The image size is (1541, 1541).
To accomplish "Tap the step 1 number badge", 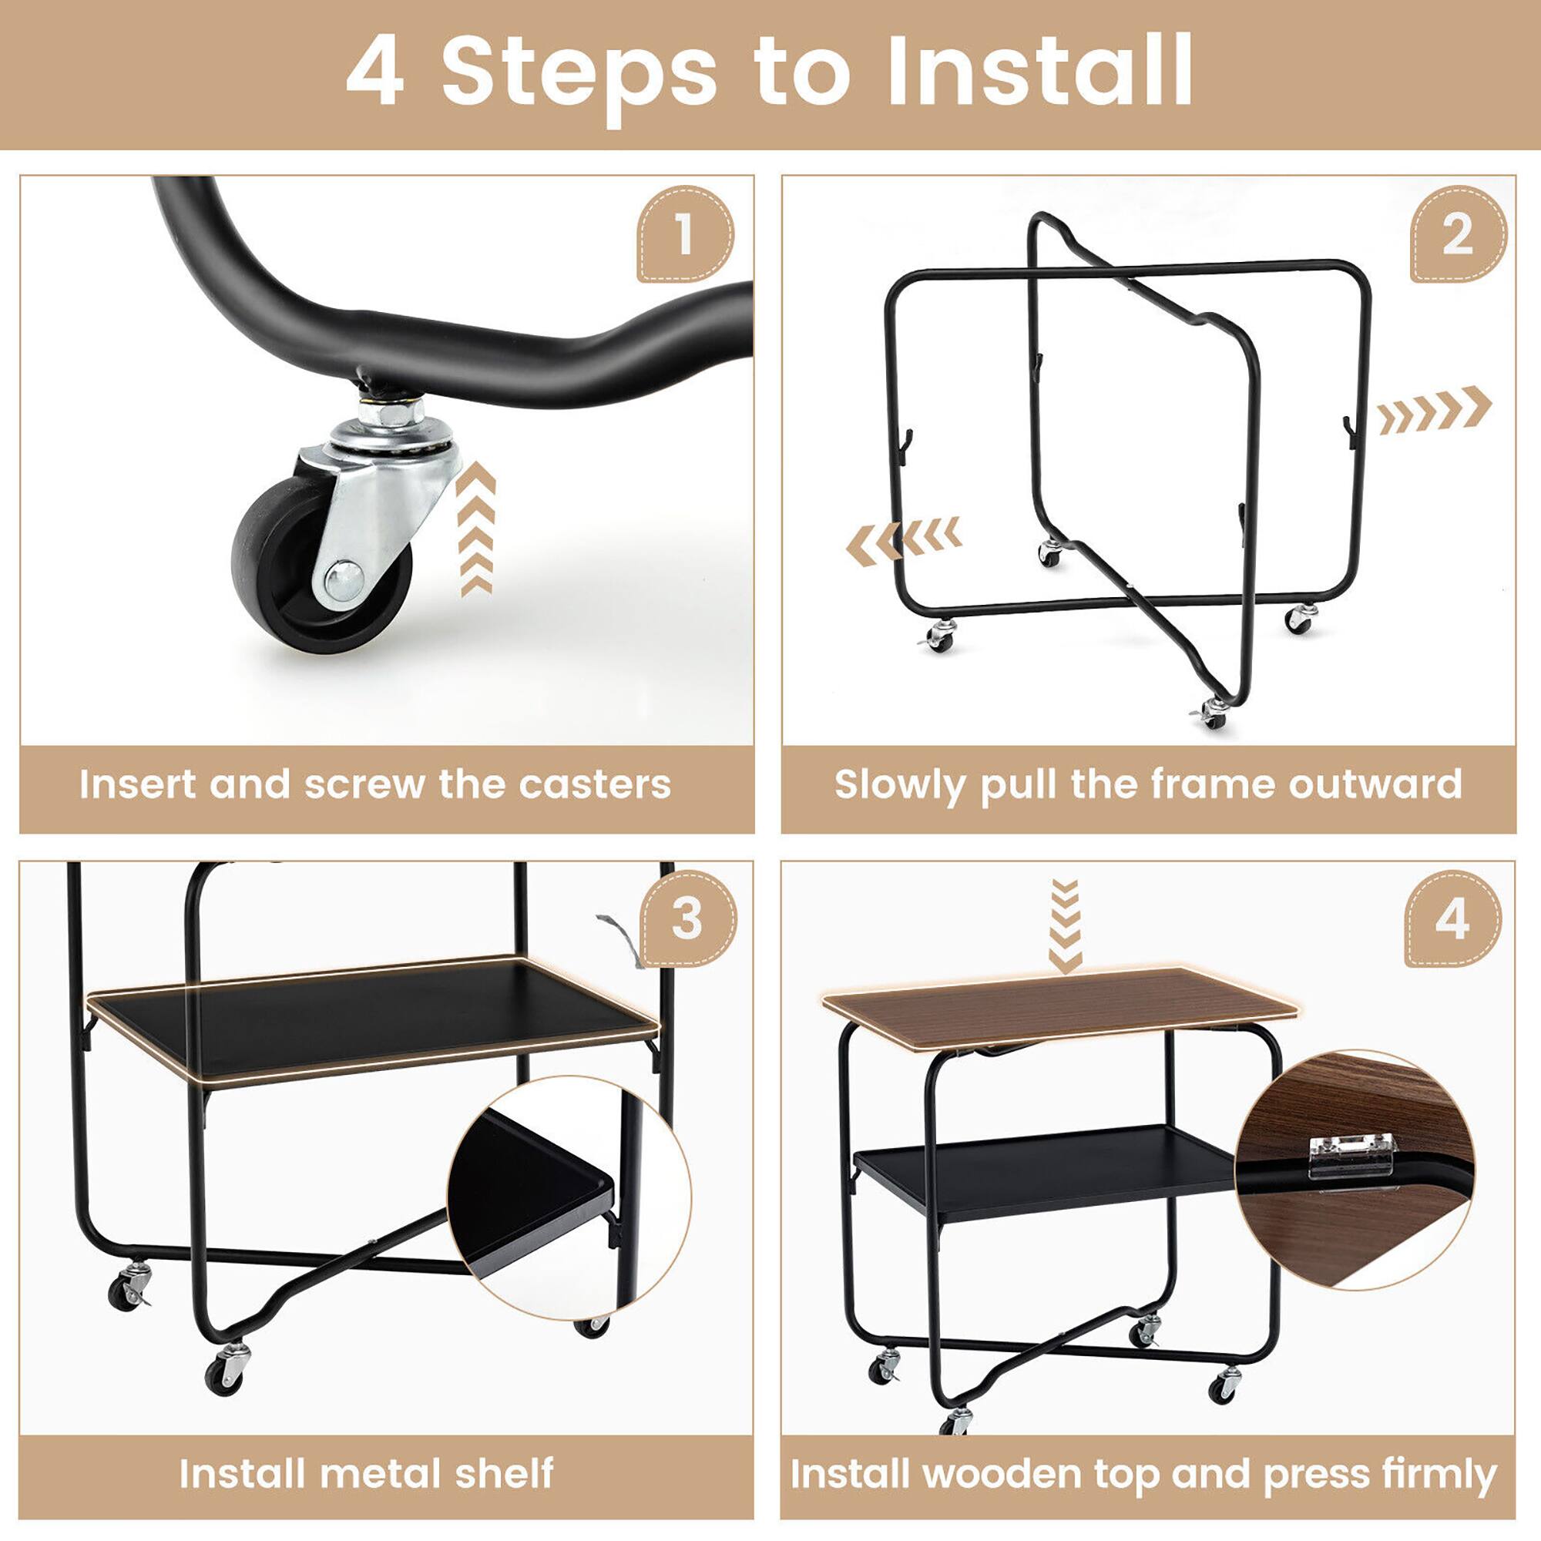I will pyautogui.click(x=684, y=234).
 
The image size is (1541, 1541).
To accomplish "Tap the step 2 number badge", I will pyautogui.click(x=1457, y=234).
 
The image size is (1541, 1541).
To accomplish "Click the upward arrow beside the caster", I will pyautogui.click(x=476, y=529).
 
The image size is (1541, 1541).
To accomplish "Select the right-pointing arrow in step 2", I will pyautogui.click(x=1433, y=410).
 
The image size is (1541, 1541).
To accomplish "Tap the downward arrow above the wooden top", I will pyautogui.click(x=1066, y=925).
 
